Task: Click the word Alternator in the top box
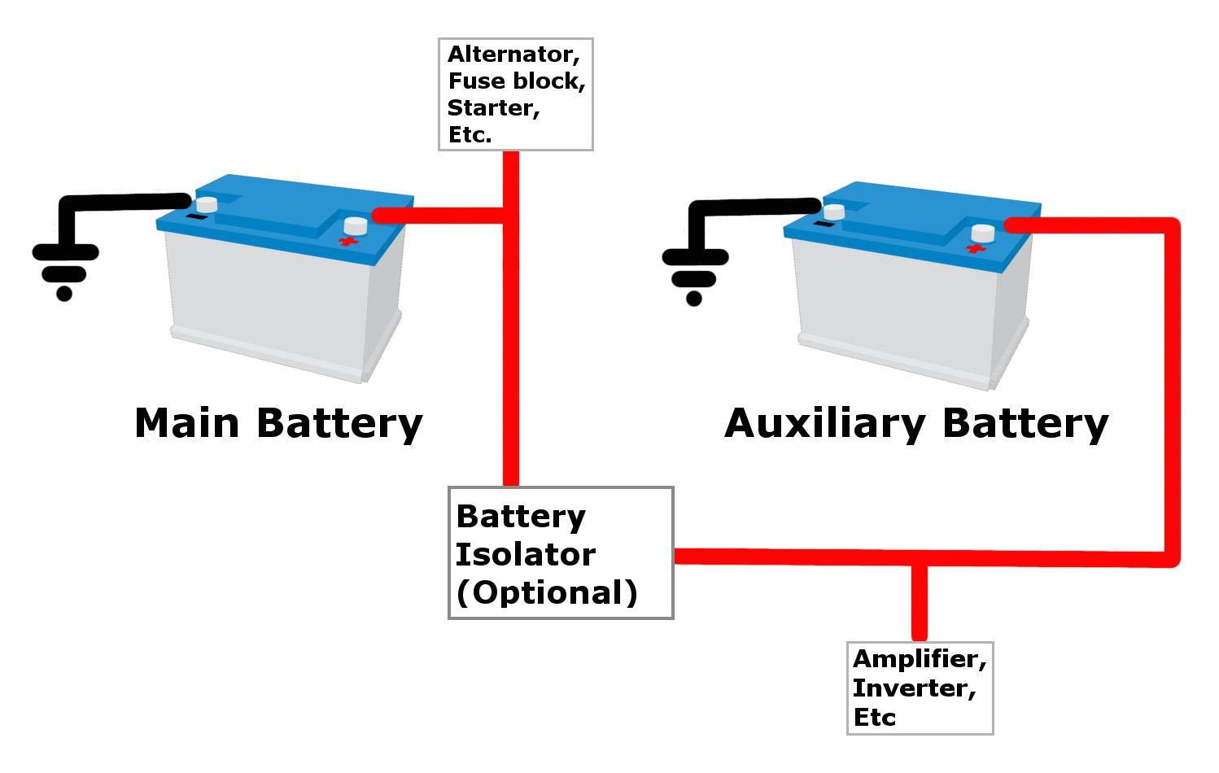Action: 513,55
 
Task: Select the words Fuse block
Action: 516,81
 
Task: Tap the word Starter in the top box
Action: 493,108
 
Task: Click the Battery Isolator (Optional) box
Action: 561,553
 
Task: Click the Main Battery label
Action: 278,424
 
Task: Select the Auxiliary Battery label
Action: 916,424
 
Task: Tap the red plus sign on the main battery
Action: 348,242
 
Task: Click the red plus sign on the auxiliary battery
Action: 975,247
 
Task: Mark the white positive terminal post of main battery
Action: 356,225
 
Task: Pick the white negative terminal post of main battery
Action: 207,203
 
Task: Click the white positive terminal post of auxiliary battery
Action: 983,233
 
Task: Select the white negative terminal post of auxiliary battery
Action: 834,212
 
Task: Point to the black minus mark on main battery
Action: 196,217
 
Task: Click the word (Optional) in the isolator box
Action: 547,592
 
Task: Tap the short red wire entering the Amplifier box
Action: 919,602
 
